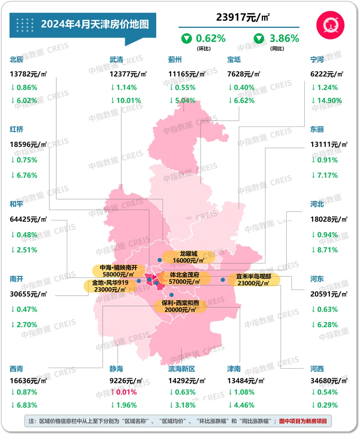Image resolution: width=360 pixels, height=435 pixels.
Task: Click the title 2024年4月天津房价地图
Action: pyautogui.click(x=95, y=24)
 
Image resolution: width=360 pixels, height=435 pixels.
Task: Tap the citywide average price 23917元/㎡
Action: pyautogui.click(x=243, y=17)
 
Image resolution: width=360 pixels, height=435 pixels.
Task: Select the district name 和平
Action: pyautogui.click(x=17, y=204)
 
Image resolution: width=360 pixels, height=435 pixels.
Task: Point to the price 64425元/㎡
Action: pyautogui.click(x=28, y=219)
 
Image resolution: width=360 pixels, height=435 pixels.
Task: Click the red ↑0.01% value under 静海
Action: pyautogui.click(x=124, y=392)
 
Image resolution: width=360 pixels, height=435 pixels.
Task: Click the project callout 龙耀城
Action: pyautogui.click(x=188, y=257)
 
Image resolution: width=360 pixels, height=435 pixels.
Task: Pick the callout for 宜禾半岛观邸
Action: pyautogui.click(x=254, y=280)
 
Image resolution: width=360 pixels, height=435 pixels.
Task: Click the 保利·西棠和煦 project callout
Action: pyautogui.click(x=180, y=306)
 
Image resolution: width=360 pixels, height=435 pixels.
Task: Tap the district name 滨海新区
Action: pyautogui.click(x=182, y=369)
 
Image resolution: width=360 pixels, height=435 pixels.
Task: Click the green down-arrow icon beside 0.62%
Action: pyautogui.click(x=187, y=39)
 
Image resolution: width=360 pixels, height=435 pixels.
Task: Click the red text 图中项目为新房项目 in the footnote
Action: pyautogui.click(x=303, y=421)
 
